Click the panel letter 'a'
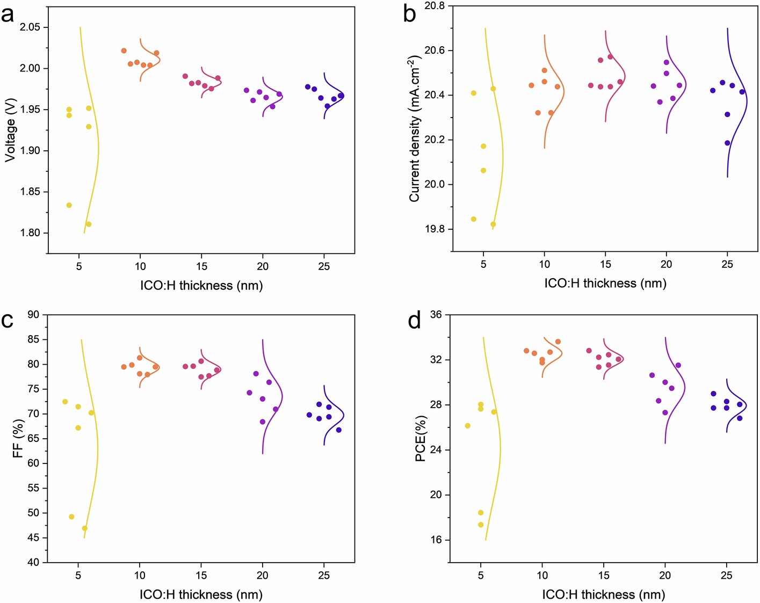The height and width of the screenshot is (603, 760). (8, 14)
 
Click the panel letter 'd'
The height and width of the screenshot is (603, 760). (414, 321)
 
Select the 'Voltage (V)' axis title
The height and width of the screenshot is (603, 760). (10, 130)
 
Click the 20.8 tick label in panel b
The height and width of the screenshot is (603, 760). (435, 6)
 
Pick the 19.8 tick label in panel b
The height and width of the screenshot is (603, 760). (435, 229)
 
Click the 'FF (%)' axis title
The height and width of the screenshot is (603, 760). (18, 439)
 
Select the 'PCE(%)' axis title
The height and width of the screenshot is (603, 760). (421, 439)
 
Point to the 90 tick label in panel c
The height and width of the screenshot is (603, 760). (33, 315)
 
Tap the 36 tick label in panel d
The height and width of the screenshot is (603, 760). (436, 315)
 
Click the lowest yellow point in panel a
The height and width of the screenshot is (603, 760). (89, 224)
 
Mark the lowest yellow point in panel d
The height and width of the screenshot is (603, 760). (481, 525)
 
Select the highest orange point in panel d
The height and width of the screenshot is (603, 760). (558, 342)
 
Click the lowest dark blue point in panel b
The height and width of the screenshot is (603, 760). (727, 143)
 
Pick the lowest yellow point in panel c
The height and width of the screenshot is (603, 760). (84, 528)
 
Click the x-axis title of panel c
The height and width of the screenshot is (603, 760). (201, 594)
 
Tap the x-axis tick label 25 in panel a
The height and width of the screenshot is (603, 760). (324, 267)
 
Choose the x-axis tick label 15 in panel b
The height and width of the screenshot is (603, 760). (605, 264)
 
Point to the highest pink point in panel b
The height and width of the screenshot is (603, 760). (610, 57)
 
